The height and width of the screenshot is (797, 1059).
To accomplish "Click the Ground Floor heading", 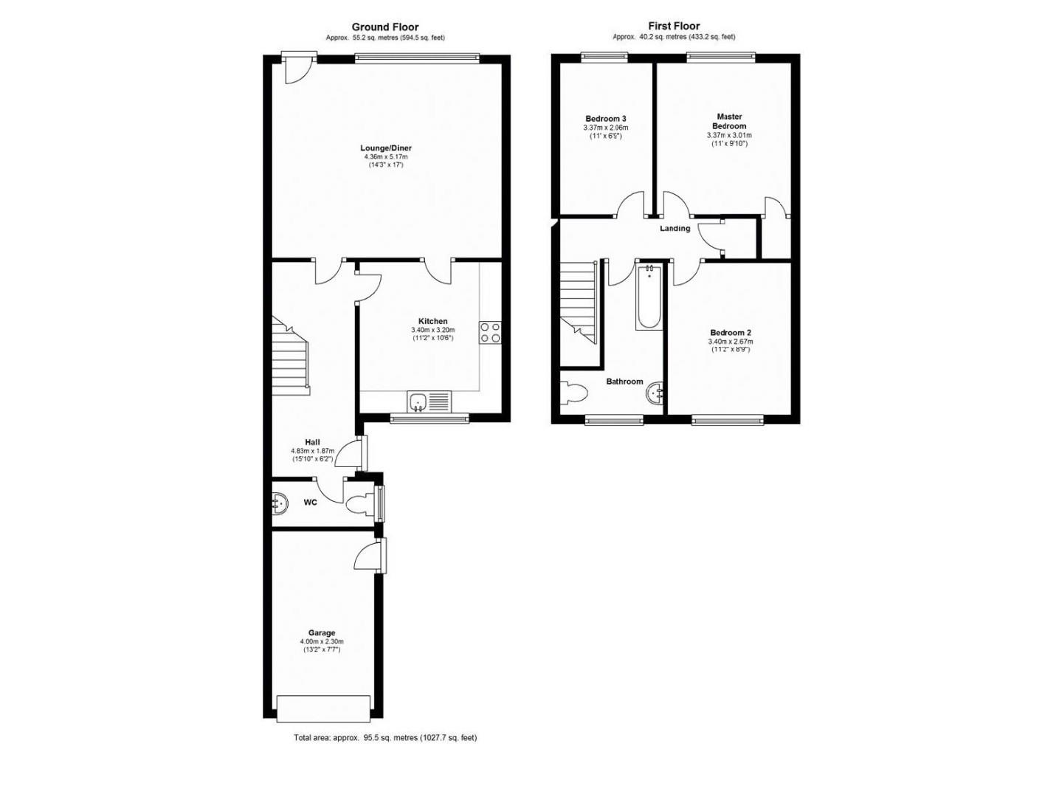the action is (385, 27).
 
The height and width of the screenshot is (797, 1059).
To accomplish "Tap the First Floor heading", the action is (674, 26).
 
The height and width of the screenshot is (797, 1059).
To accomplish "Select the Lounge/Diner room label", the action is (386, 148).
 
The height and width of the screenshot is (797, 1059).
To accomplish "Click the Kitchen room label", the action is (432, 321).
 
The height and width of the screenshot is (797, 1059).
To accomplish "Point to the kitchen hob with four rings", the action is (490, 333).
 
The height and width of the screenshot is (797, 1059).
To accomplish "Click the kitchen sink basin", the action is (418, 401).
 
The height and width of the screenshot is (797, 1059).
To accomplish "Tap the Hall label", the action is (312, 442).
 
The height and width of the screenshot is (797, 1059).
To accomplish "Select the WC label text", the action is (310, 503).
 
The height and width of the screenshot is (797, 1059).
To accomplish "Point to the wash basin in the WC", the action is (280, 504).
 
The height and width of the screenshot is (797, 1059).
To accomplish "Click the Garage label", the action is (322, 632).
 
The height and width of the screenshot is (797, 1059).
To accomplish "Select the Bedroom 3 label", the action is (605, 119).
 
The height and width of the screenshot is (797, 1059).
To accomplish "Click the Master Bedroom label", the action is (729, 121).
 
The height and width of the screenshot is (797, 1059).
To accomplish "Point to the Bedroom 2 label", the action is (731, 332).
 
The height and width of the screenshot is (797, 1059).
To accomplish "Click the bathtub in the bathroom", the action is (649, 297).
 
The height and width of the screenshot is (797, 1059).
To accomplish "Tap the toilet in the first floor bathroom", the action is (574, 393).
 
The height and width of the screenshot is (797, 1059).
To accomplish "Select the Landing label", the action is (675, 229).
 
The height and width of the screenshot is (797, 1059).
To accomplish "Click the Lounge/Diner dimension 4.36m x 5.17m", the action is (386, 157).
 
